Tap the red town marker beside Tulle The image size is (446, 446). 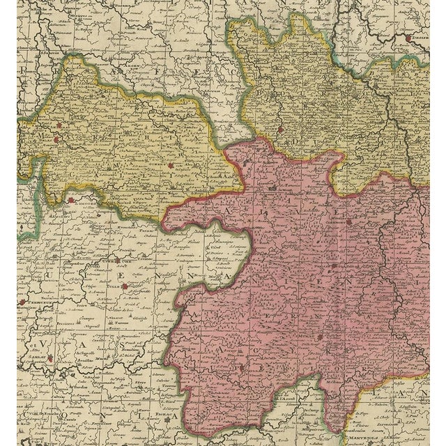point(124,285)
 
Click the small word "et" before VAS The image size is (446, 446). point(32,344)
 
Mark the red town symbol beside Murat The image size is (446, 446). point(319,337)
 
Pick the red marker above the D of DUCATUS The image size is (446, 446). point(280,128)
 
